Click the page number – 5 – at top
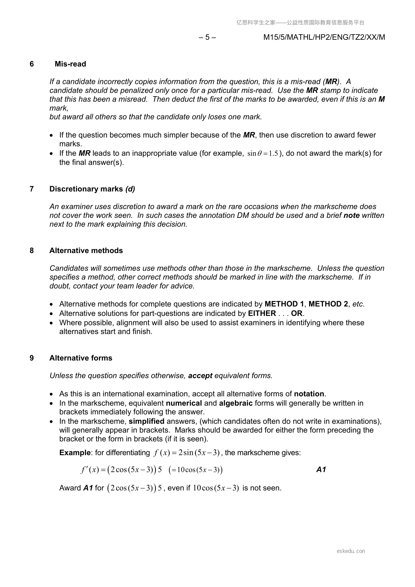(207, 37)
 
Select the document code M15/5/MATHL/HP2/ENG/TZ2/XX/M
(324, 37)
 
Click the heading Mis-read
(70, 64)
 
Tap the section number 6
(32, 64)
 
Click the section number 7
(32, 189)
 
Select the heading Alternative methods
(86, 251)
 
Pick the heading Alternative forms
(81, 358)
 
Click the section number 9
(32, 358)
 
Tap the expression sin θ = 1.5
(263, 154)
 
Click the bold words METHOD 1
(284, 304)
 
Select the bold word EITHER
(262, 313)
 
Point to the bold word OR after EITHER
(297, 313)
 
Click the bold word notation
(309, 394)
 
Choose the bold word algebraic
(236, 403)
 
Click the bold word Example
(75, 453)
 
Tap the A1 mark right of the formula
(321, 470)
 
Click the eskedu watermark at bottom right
(351, 551)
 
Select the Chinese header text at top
(300, 23)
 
